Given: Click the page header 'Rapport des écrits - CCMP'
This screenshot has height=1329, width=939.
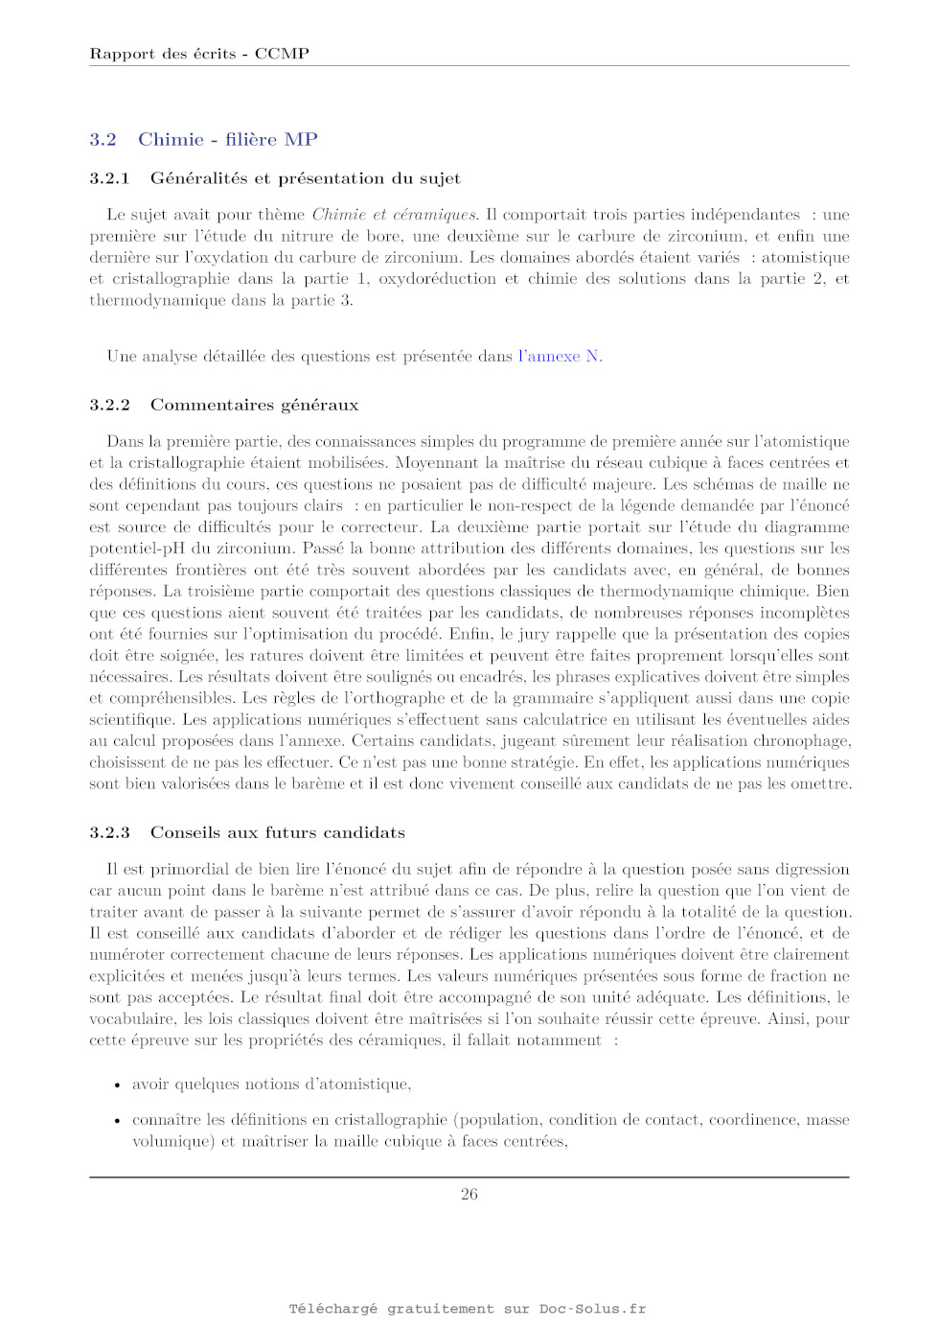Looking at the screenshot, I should pos(199,54).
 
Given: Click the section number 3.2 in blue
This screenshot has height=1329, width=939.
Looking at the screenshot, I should pos(103,140).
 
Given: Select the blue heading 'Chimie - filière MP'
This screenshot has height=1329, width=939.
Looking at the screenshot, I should pos(228,140).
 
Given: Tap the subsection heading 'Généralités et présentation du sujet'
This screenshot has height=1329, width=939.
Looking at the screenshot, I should pos(305,178).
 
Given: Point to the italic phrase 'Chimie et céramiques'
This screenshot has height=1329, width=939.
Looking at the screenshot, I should pos(394,215).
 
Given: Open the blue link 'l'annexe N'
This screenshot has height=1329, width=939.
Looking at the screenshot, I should pos(560,357).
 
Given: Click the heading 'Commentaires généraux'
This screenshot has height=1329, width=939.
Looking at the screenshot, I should pos(254,405).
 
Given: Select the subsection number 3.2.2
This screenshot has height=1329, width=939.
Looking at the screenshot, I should pos(109,405).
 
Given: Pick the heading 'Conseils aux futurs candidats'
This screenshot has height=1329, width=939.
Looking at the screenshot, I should pos(277,832).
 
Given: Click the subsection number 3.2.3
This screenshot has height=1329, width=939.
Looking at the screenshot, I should pos(109,832).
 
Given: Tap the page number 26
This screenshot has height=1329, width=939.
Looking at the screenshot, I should pos(469,1194).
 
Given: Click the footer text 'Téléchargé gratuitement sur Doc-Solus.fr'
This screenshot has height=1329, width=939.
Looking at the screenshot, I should pos(468,1309).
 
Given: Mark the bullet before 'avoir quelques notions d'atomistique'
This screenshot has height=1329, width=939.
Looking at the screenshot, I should pos(117,1085).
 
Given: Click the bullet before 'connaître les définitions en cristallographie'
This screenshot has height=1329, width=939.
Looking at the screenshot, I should pos(117,1121).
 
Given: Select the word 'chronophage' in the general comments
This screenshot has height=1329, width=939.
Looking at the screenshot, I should pos(803,741).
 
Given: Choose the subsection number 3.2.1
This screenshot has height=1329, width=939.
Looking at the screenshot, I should pos(109,178).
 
